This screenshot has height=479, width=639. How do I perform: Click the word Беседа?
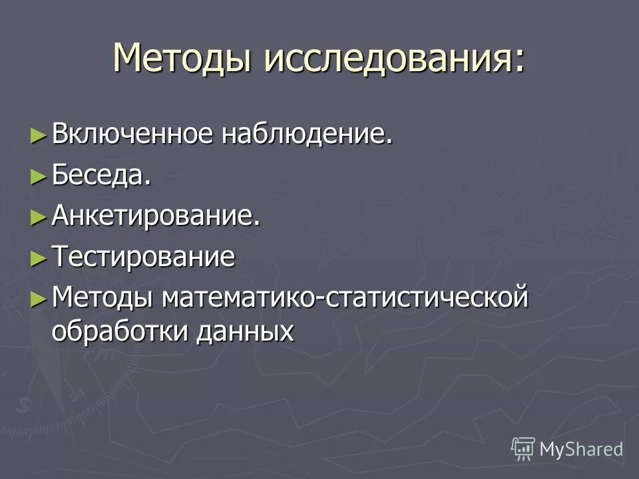[100, 176]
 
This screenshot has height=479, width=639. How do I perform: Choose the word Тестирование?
[143, 257]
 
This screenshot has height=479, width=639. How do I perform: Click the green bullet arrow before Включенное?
[39, 136]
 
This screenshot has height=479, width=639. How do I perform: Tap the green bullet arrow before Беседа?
[39, 176]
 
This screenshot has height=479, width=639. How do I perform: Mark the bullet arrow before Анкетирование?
[39, 217]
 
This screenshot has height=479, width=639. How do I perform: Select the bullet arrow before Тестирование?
[39, 257]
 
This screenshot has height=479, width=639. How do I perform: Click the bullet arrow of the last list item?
[39, 298]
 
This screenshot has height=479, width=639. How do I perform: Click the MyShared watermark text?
[581, 449]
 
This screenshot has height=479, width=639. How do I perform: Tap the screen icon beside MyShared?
[523, 449]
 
